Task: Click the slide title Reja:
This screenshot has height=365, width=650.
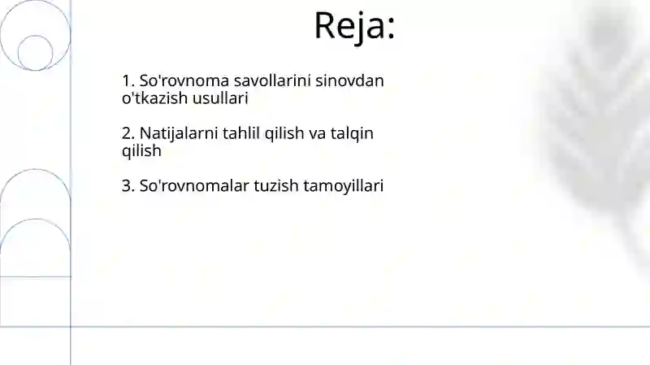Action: point(354,25)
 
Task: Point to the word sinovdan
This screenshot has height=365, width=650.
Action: point(354,81)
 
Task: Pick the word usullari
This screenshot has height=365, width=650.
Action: point(219,98)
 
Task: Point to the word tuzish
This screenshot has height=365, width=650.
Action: point(275,186)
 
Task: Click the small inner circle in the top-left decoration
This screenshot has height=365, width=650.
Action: point(35,53)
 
